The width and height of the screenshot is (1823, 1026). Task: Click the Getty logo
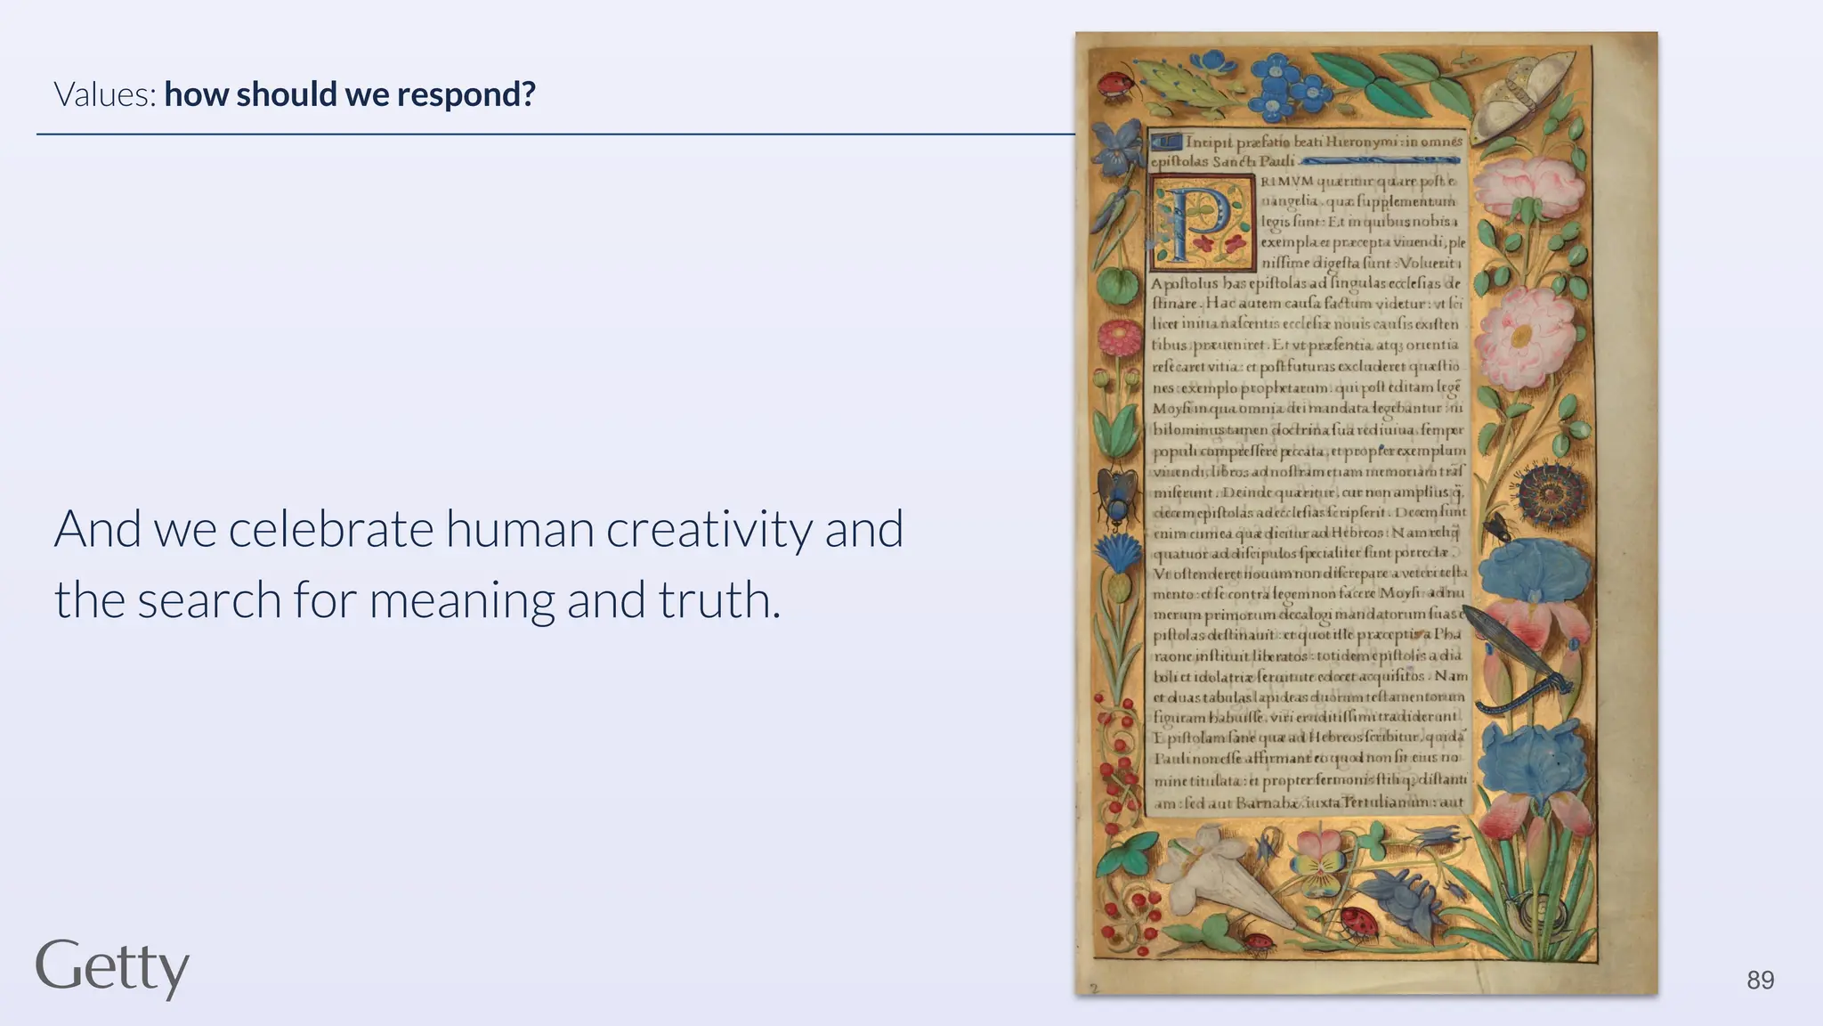(x=112, y=967)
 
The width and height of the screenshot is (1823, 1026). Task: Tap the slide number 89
(x=1760, y=981)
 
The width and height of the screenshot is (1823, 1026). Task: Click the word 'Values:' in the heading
(x=105, y=94)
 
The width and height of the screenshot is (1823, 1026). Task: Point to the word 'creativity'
(x=709, y=529)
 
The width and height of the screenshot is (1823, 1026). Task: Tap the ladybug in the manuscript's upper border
(x=1113, y=84)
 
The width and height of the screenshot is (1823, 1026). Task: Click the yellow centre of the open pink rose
(x=1519, y=337)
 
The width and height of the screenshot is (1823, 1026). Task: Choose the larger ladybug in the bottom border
(x=1359, y=923)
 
